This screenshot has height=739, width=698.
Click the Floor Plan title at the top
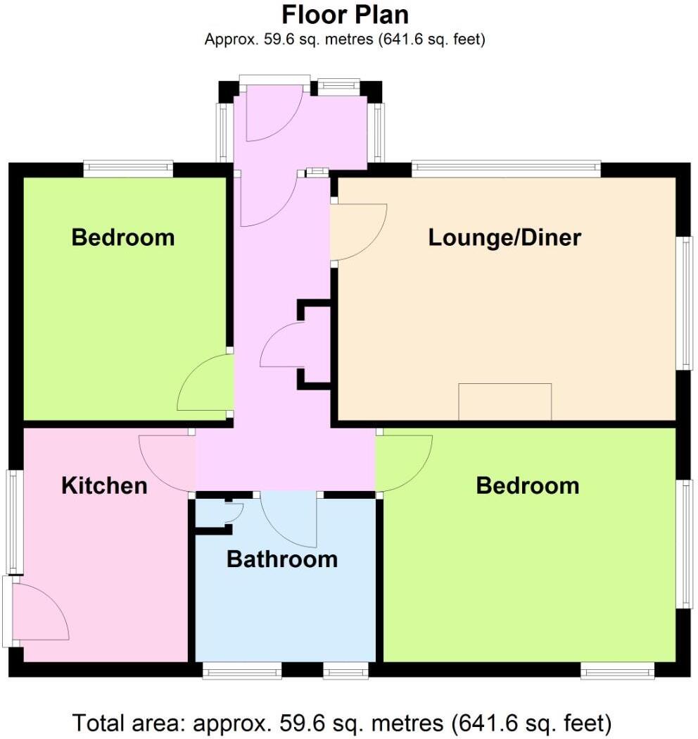pyautogui.click(x=345, y=15)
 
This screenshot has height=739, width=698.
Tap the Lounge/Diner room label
pyautogui.click(x=505, y=237)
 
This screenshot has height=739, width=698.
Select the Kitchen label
pyautogui.click(x=104, y=485)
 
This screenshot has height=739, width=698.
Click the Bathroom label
pyautogui.click(x=281, y=559)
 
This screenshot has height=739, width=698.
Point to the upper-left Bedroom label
pyautogui.click(x=123, y=237)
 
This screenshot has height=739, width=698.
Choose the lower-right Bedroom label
pyautogui.click(x=528, y=485)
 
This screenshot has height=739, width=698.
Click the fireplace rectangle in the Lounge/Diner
pyautogui.click(x=505, y=402)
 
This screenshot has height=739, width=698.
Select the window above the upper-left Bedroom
pyautogui.click(x=128, y=168)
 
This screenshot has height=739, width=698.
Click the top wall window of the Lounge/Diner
pyautogui.click(x=506, y=168)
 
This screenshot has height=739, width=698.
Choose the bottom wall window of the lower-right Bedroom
pyautogui.click(x=618, y=671)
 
